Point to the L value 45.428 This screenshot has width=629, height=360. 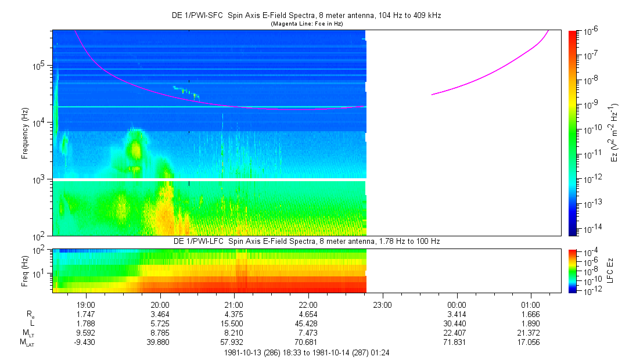[308, 323]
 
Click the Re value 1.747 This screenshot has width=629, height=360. [86, 314]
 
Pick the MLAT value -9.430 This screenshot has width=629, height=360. [85, 343]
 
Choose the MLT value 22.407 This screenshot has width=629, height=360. [457, 333]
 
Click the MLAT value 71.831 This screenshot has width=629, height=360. [457, 343]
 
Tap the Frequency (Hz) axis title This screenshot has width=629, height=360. [25, 133]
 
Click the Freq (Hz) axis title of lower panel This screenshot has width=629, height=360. [25, 271]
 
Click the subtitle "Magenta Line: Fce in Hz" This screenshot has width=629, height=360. [307, 24]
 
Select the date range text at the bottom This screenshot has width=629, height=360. [307, 352]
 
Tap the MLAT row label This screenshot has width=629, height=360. [27, 343]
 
